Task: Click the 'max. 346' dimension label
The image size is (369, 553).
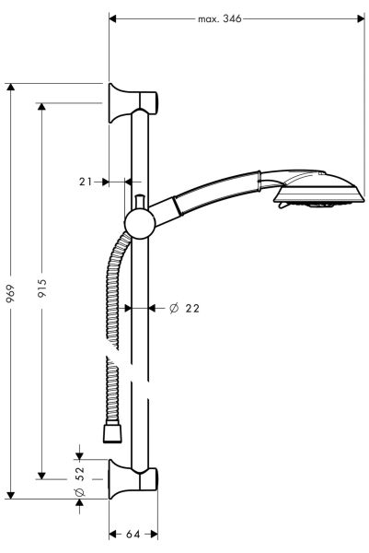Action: pyautogui.click(x=219, y=18)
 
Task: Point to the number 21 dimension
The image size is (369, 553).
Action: pyautogui.click(x=86, y=182)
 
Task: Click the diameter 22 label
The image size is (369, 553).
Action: pyautogui.click(x=185, y=308)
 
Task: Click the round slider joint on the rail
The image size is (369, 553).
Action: pyautogui.click(x=139, y=223)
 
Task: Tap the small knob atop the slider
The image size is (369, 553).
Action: pyautogui.click(x=139, y=202)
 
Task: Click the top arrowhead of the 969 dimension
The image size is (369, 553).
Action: pyautogui.click(x=10, y=87)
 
